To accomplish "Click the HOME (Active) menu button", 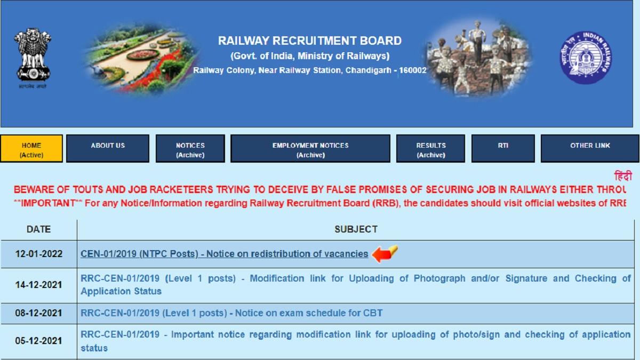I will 31,149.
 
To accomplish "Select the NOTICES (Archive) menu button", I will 190,149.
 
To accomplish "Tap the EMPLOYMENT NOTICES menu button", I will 310,149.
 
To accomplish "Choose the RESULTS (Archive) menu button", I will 430,149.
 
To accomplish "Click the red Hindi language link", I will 622,177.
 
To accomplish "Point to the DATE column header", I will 38,229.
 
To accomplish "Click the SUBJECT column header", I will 356,229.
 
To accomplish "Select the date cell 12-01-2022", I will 38,254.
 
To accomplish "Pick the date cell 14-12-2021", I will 38,285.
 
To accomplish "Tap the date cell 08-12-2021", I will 38,313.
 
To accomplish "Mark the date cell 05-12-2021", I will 38,341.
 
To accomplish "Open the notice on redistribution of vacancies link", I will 224,254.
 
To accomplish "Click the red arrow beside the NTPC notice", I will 385,253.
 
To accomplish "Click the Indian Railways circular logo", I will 585,57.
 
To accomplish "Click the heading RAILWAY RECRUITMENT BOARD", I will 310,41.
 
